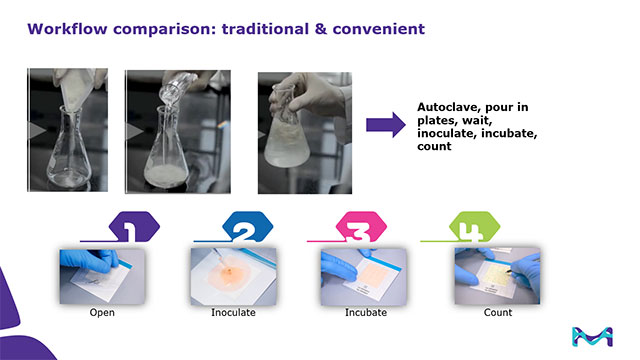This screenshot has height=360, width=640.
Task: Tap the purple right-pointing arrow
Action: [x=385, y=125]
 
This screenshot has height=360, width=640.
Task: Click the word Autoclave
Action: [x=448, y=107]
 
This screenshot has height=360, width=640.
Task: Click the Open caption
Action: [x=102, y=313]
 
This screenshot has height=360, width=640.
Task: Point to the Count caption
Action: [x=497, y=313]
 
